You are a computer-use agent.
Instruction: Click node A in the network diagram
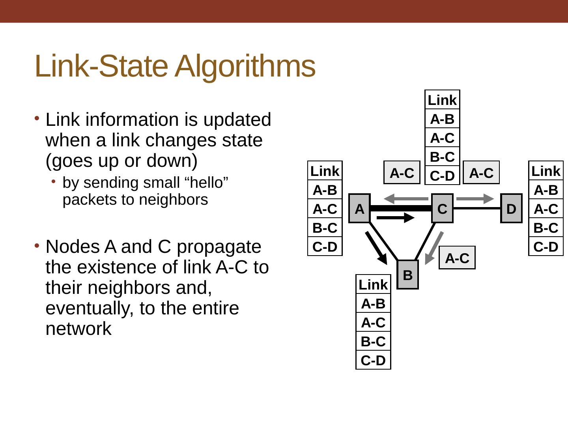click(359, 208)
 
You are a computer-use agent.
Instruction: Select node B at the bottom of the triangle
click(407, 275)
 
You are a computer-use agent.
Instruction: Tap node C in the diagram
click(442, 208)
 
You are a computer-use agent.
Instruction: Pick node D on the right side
click(511, 208)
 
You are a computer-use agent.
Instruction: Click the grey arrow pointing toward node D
click(475, 199)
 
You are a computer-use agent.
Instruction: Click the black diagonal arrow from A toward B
click(376, 248)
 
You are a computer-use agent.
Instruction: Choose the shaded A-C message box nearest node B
click(457, 258)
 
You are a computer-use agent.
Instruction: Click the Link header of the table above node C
click(442, 100)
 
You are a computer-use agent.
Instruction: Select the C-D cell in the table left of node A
click(325, 247)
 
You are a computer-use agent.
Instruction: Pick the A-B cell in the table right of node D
click(546, 190)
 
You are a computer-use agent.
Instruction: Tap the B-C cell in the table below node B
click(373, 341)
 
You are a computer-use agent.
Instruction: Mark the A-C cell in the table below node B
click(373, 323)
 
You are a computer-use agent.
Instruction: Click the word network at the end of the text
click(78, 329)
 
